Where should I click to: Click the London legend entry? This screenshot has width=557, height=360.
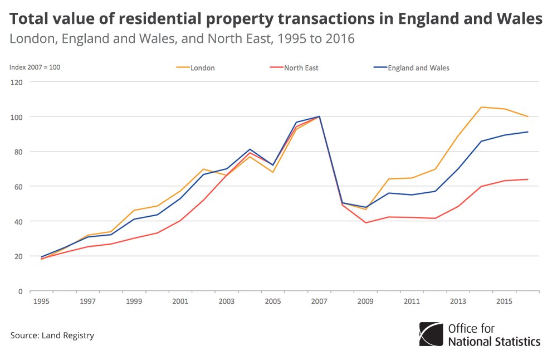pos(202,68)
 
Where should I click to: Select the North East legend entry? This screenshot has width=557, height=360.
pos(301,68)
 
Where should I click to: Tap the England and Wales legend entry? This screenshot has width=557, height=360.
pos(418,68)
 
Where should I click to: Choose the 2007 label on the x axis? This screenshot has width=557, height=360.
pos(319,301)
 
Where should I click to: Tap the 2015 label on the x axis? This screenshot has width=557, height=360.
pos(504,301)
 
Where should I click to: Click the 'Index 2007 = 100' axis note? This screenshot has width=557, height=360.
pos(35,67)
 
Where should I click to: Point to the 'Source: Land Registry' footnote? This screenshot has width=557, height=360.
pos(52,335)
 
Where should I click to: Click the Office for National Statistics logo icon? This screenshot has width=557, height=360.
pos(431,334)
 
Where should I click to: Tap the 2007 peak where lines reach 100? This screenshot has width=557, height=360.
pos(319,116)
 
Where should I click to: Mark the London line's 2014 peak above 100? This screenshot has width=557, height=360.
pos(481,107)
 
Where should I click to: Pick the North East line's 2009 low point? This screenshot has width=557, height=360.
pos(365,222)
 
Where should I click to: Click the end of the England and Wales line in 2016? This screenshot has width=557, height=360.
pos(527,132)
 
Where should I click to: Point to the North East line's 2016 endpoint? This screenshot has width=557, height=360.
pos(527,179)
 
